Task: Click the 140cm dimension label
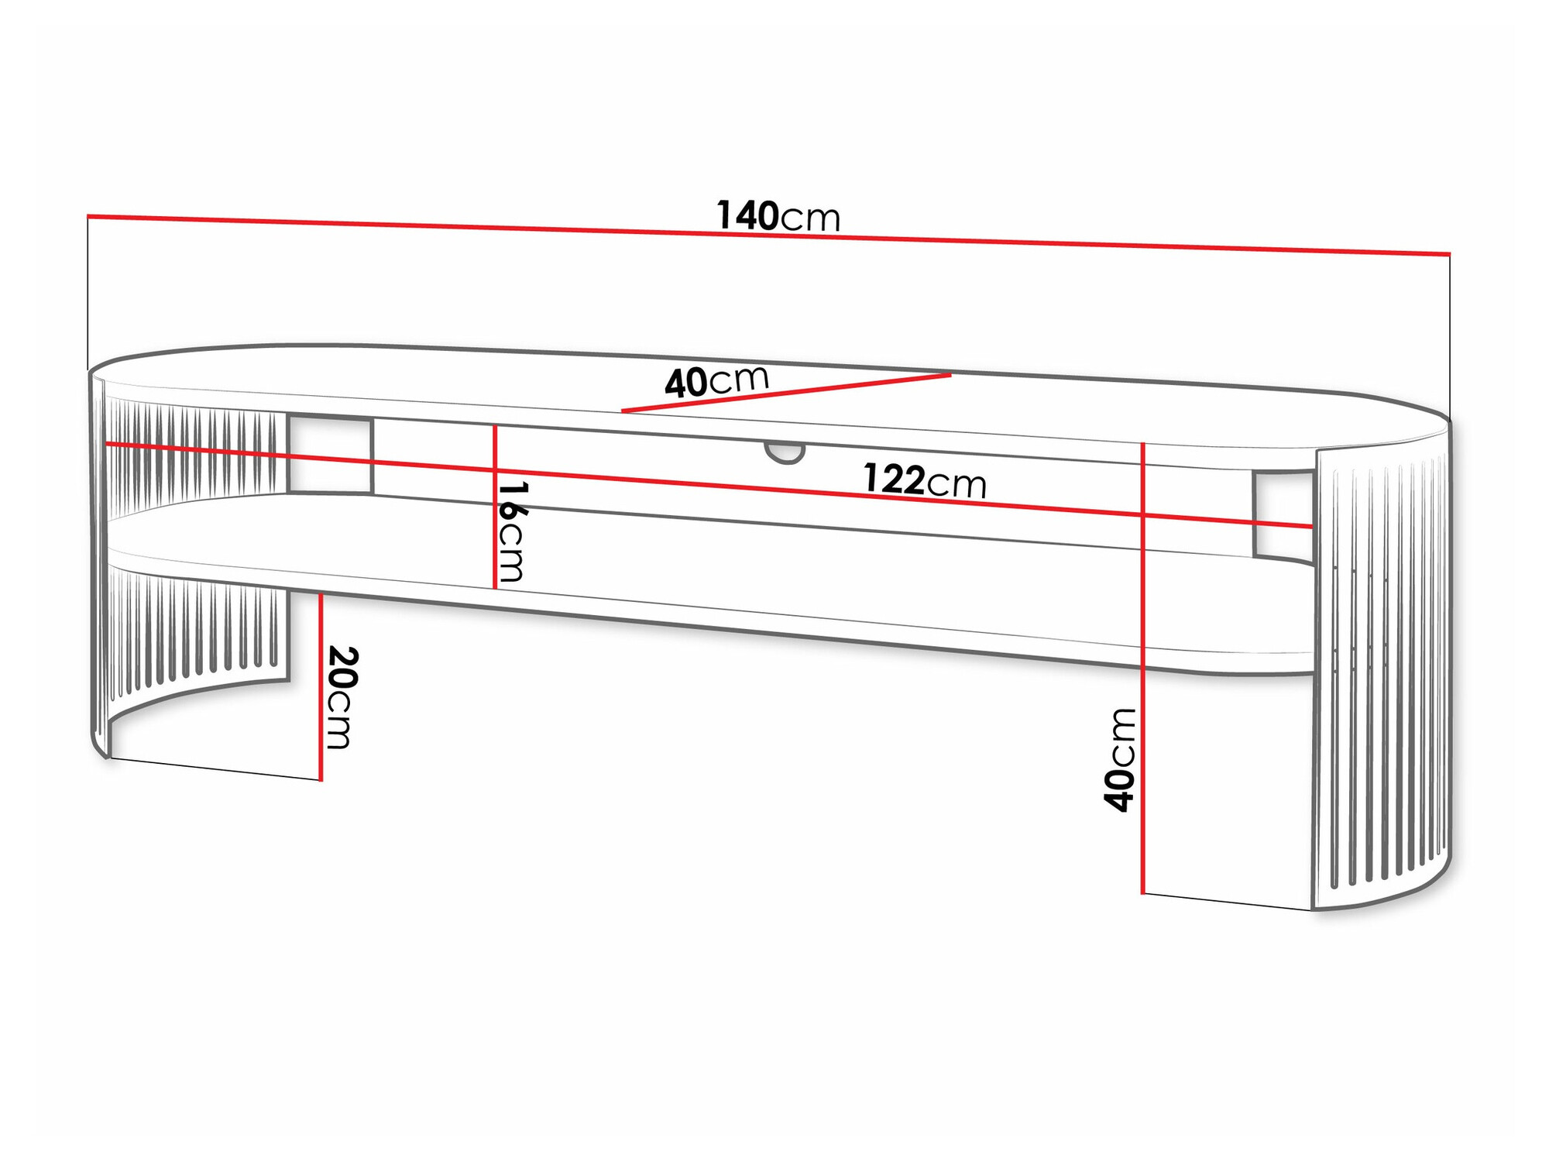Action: point(778,216)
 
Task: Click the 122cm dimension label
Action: point(924,481)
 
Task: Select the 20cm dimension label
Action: point(341,697)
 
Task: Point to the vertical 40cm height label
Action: point(1120,759)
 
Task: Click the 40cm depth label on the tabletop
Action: point(716,381)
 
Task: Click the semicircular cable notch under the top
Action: point(785,452)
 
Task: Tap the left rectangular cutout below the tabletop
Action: point(330,456)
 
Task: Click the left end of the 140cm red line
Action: point(89,216)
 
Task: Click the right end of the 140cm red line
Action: point(1448,253)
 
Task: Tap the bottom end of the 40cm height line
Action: point(1142,892)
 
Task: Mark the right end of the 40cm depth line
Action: point(950,376)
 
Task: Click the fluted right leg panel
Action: point(1382,674)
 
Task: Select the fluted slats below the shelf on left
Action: point(194,627)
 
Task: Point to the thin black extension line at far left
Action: point(88,294)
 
